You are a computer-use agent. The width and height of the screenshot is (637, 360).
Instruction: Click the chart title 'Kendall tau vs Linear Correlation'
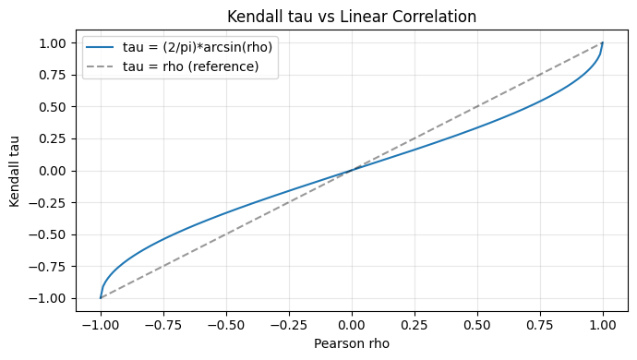click(x=352, y=16)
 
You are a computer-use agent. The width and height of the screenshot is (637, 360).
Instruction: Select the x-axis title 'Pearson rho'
click(x=352, y=343)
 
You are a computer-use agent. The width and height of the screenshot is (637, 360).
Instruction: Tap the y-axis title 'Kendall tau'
click(x=15, y=170)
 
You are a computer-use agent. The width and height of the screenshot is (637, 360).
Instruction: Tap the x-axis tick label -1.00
click(x=100, y=325)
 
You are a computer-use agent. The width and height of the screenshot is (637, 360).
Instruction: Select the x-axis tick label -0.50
click(x=225, y=325)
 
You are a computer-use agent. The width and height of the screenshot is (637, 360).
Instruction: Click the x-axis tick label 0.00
click(x=352, y=325)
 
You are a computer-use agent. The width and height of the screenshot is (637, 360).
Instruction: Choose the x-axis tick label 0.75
click(x=540, y=325)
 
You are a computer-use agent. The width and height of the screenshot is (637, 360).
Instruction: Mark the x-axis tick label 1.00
click(x=603, y=325)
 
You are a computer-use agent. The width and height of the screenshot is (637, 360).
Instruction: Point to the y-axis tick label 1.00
click(x=51, y=42)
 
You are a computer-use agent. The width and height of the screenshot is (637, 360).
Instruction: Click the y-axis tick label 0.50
click(x=51, y=106)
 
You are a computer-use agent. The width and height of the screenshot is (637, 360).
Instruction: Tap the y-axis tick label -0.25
click(x=48, y=202)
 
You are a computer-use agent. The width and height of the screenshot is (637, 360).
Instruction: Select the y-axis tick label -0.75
click(x=48, y=266)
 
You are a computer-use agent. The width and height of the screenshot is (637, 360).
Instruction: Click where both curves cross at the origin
click(x=352, y=170)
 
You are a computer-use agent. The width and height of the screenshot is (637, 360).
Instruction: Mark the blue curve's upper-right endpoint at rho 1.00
click(x=603, y=42)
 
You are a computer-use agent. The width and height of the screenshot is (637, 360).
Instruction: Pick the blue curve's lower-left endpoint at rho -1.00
click(x=100, y=298)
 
